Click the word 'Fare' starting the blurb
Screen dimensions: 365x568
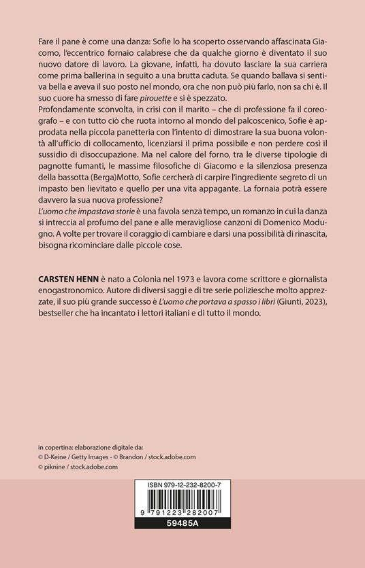(x=48, y=43)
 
